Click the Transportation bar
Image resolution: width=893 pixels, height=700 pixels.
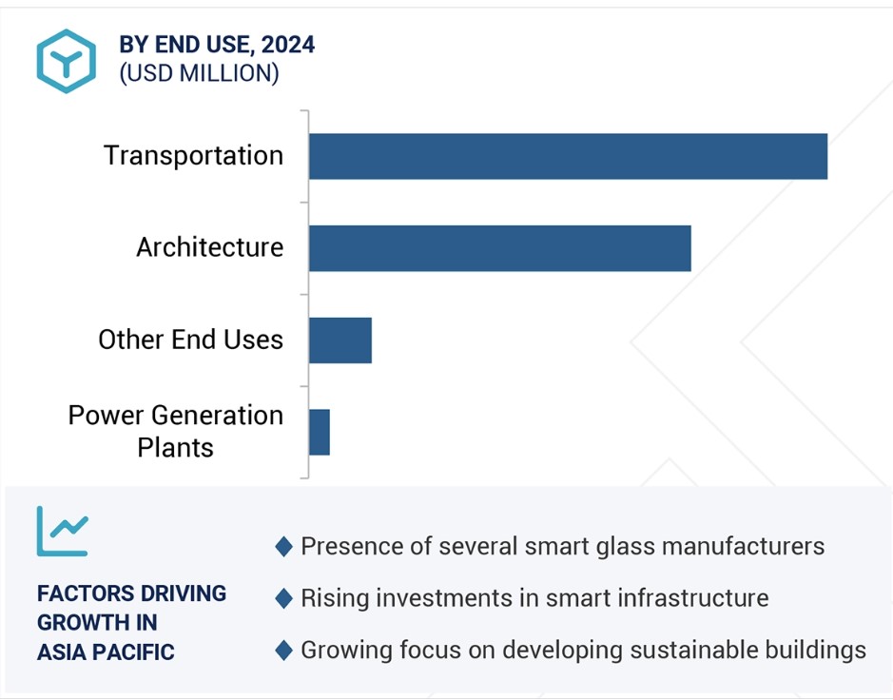[x=568, y=156]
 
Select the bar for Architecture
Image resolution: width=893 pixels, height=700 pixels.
[x=499, y=248]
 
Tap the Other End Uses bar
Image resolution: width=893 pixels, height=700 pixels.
[x=340, y=340]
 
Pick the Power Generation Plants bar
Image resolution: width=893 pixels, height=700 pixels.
[x=320, y=432]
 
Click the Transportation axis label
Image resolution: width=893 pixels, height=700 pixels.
[x=193, y=156]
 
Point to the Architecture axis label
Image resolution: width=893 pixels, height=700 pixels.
[x=209, y=247]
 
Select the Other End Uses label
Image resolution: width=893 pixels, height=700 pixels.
[x=190, y=340]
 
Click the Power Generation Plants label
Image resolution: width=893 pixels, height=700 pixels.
[x=175, y=431]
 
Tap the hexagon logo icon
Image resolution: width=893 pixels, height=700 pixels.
[x=66, y=61]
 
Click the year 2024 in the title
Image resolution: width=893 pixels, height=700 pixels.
[x=288, y=45]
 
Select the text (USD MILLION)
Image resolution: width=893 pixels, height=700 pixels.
[x=199, y=73]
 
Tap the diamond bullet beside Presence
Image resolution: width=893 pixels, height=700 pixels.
[x=282, y=547]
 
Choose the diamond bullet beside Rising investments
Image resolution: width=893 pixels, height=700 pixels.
[x=282, y=598]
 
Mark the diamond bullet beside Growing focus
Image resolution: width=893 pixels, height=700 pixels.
[x=282, y=651]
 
